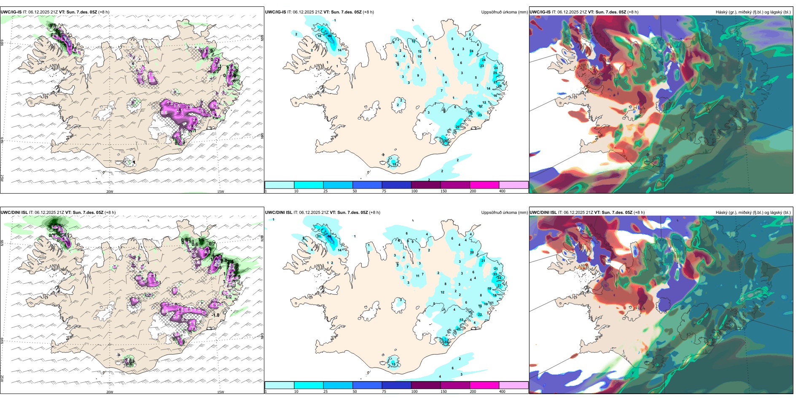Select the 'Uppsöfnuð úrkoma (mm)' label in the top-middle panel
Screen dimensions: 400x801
pyautogui.click(x=504, y=12)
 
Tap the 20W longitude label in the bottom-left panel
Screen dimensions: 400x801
pyautogui.click(x=110, y=392)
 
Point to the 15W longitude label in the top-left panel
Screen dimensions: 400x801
pyautogui.click(x=220, y=192)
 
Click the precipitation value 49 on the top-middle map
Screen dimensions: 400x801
pyautogui.click(x=330, y=36)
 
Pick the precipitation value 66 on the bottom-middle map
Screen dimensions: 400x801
pyautogui.click(x=330, y=237)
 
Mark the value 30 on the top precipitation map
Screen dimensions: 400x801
pyautogui.click(x=446, y=141)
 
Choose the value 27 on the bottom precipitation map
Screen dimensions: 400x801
pyautogui.click(x=499, y=285)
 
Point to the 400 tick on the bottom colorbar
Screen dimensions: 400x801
pyautogui.click(x=502, y=392)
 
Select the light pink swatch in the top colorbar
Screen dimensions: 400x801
pyautogui.click(x=513, y=185)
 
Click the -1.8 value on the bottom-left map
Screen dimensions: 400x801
pyautogui.click(x=215, y=315)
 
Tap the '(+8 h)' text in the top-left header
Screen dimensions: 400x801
pyautogui.click(x=104, y=12)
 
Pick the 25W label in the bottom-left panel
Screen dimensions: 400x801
pyautogui.click(x=2, y=379)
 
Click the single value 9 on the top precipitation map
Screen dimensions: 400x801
pyautogui.click(x=418, y=76)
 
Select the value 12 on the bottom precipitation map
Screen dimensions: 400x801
pyautogui.click(x=442, y=292)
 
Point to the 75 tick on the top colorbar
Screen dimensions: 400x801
pyautogui.click(x=384, y=191)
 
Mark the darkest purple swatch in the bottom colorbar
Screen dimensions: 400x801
pyautogui.click(x=425, y=385)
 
